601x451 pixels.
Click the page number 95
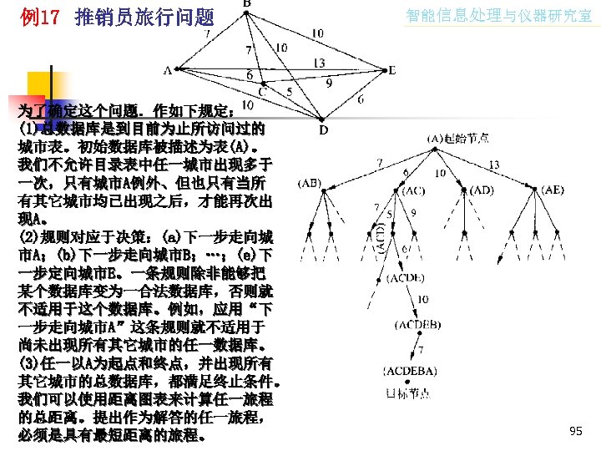pyautogui.click(x=575, y=431)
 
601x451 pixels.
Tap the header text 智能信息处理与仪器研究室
pyautogui.click(x=498, y=15)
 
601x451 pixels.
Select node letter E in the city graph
pyautogui.click(x=392, y=70)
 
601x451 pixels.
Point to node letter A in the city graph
pyautogui.click(x=167, y=70)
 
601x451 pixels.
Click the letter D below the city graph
pyautogui.click(x=323, y=129)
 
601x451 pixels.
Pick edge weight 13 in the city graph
pyautogui.click(x=320, y=63)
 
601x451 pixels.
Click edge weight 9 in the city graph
pyautogui.click(x=329, y=84)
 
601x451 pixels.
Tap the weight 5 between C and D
pyautogui.click(x=289, y=90)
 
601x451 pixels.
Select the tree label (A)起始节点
pyautogui.click(x=458, y=139)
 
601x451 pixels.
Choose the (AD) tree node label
pyautogui.click(x=482, y=190)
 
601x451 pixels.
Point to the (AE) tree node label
pyautogui.click(x=552, y=190)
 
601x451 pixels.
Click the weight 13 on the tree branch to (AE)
pyautogui.click(x=494, y=164)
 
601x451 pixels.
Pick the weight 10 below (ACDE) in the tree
pyautogui.click(x=423, y=300)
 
